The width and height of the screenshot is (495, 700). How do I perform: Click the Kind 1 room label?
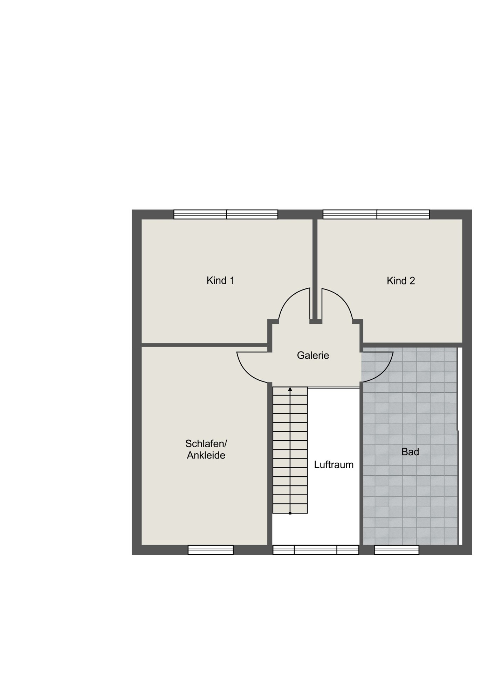pyautogui.click(x=220, y=281)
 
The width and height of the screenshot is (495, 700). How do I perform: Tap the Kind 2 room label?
pyautogui.click(x=401, y=281)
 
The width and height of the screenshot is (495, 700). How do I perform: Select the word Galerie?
pyautogui.click(x=313, y=356)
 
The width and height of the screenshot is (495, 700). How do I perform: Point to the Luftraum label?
pyautogui.click(x=334, y=465)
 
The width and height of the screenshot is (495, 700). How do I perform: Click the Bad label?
pyautogui.click(x=410, y=452)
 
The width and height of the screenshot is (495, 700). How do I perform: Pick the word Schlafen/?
pyautogui.click(x=206, y=444)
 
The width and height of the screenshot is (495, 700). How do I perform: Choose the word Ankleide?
pyautogui.click(x=206, y=455)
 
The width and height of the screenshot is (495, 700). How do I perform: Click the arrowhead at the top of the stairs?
pyautogui.click(x=290, y=389)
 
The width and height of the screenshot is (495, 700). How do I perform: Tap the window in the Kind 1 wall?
pyautogui.click(x=226, y=214)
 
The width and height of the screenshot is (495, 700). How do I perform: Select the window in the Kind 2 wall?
pyautogui.click(x=376, y=214)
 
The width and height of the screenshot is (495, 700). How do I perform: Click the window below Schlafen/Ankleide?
pyautogui.click(x=211, y=550)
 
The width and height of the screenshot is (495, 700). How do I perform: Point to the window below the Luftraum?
pyautogui.click(x=316, y=550)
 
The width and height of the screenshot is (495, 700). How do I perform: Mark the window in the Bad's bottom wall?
pyautogui.click(x=397, y=550)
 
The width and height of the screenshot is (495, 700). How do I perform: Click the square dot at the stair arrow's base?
pyautogui.click(x=290, y=513)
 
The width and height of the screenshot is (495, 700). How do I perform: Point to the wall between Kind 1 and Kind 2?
pyautogui.click(x=315, y=269)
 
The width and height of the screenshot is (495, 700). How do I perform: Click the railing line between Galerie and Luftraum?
pyautogui.click(x=334, y=387)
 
